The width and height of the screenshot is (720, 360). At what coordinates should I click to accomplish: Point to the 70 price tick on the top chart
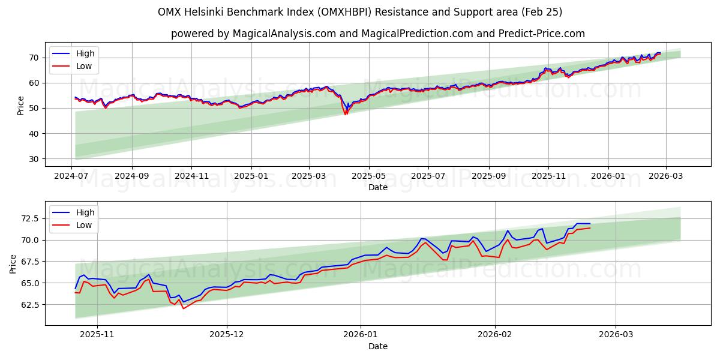pos(34,58)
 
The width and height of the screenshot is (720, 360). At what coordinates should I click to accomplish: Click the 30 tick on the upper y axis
pos(34,159)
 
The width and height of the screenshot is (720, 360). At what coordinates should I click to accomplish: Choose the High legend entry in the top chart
pos(85,53)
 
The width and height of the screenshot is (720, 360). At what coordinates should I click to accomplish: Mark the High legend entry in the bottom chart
pos(85,212)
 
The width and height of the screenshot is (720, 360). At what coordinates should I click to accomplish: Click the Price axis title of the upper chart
pos(21,106)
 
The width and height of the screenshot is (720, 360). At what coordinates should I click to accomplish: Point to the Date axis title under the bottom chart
pos(378,346)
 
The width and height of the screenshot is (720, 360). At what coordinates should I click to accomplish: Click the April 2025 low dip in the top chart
pos(346,114)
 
